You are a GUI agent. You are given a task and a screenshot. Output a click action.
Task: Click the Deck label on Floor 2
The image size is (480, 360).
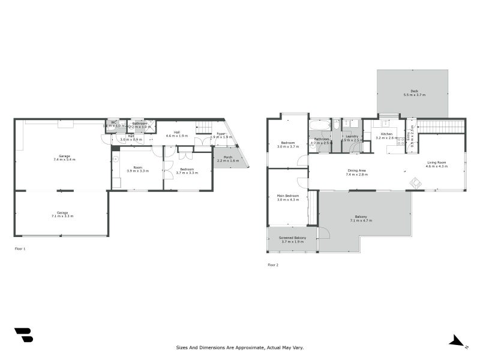click(x=414, y=92)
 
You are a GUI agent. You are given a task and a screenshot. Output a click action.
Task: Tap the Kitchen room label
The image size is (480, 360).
click(x=384, y=134)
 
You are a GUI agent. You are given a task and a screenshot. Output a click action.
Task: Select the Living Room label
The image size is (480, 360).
click(x=437, y=163)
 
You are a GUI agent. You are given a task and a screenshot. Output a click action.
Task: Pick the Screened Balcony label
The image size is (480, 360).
click(x=292, y=238)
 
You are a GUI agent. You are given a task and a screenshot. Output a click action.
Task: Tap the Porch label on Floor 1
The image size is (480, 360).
click(x=228, y=157)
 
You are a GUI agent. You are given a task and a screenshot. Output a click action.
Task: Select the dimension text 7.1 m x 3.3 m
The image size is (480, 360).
click(x=62, y=216)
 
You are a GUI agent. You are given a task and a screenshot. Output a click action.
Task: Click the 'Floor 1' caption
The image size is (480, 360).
click(x=20, y=248)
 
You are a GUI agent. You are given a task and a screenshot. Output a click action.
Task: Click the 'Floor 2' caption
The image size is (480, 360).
click(x=273, y=264)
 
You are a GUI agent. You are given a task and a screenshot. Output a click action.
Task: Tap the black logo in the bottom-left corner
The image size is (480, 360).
click(x=23, y=335)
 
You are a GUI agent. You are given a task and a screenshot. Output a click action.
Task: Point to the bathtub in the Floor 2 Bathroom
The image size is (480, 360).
click(x=320, y=125)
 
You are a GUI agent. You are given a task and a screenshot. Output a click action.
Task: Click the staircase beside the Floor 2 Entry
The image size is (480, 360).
click(x=440, y=127)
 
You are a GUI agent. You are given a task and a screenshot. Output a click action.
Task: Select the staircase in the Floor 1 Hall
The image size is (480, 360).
click(x=204, y=127)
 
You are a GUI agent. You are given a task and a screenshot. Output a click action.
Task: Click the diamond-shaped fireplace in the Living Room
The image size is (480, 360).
click(x=414, y=182)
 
